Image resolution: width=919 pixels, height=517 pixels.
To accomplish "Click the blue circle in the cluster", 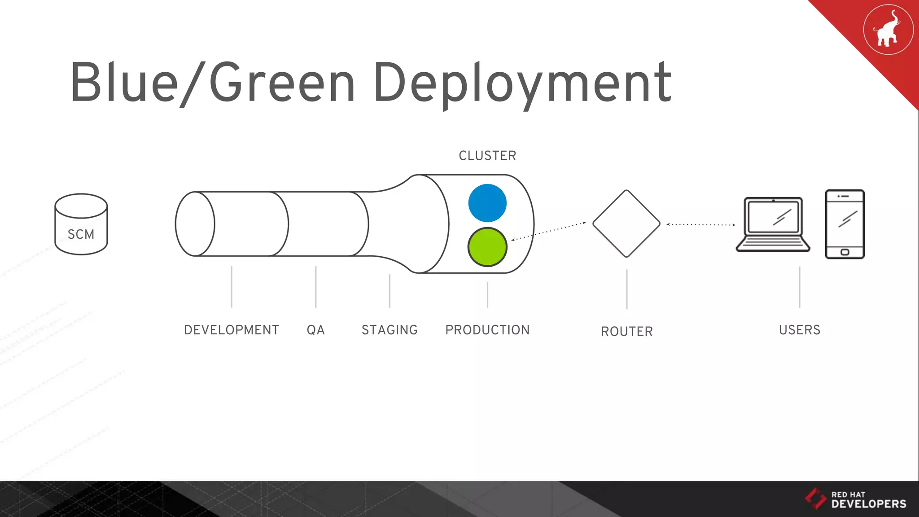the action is (x=487, y=203).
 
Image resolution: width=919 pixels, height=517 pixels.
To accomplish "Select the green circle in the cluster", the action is (x=487, y=247).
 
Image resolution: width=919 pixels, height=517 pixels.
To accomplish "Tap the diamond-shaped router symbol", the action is (x=626, y=223).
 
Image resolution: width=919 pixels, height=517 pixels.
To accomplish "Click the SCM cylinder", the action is (x=81, y=224).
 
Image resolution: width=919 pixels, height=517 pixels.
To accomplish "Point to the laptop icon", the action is (x=773, y=223).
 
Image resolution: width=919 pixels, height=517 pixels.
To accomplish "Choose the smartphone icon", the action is (x=845, y=223).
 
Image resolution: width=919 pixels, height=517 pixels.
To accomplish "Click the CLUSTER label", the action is (x=487, y=156).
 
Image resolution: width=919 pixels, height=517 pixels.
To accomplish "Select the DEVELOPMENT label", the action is (x=232, y=330).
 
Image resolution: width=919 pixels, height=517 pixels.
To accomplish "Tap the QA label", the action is (x=315, y=330).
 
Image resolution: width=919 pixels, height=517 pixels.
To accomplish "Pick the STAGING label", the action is (x=389, y=330).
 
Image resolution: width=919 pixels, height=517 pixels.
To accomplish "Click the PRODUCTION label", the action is (x=487, y=330).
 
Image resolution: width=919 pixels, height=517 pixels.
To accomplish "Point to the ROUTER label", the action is (x=627, y=331).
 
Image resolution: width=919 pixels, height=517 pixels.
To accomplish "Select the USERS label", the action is (x=800, y=330).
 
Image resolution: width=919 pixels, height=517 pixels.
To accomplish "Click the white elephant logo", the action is (x=887, y=30).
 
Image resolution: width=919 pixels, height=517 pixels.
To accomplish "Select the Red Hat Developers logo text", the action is (x=868, y=500).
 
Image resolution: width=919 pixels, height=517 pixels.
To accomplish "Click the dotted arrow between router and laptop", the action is (x=701, y=224).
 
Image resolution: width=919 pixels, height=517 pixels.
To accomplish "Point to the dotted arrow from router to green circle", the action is (x=548, y=231).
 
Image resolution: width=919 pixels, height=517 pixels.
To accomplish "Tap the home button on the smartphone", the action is (x=845, y=252).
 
